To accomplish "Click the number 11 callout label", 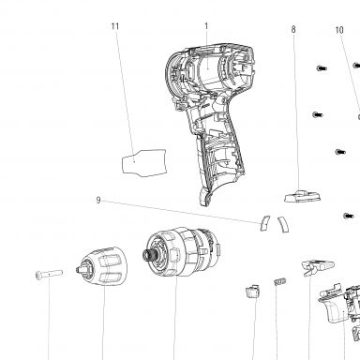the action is click(x=115, y=26).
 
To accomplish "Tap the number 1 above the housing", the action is click(x=206, y=26).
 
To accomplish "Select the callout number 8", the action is click(x=293, y=29).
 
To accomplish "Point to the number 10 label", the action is click(x=339, y=30).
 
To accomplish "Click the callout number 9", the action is click(x=98, y=200).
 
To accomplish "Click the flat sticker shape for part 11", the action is click(x=144, y=163).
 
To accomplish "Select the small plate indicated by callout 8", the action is click(x=302, y=196).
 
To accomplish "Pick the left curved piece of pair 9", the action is click(x=264, y=223).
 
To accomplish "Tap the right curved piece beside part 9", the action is click(x=283, y=224).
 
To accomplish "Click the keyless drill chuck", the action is click(x=102, y=266).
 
